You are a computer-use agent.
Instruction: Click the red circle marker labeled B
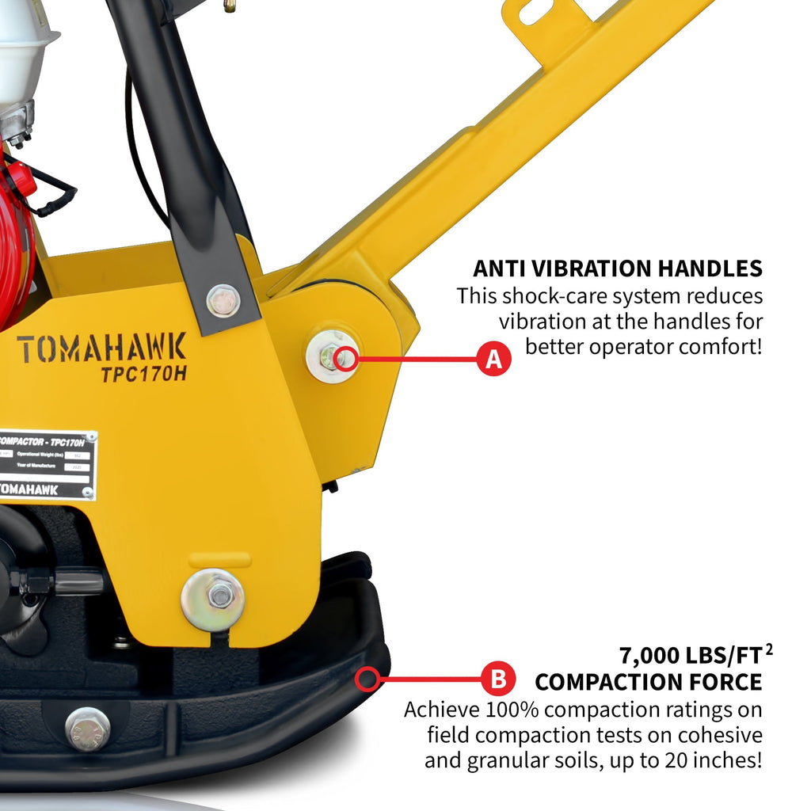click(x=499, y=679)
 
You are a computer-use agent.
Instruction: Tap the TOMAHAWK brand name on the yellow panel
click(x=101, y=348)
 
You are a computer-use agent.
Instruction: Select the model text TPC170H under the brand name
click(x=143, y=375)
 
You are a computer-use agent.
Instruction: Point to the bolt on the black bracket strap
click(x=223, y=300)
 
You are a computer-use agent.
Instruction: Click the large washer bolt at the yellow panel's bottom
click(x=213, y=599)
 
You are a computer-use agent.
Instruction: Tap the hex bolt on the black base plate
click(x=87, y=729)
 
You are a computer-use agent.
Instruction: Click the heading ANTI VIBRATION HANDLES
click(x=617, y=268)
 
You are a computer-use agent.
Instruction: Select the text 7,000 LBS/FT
click(x=689, y=657)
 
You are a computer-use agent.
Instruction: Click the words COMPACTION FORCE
click(x=648, y=682)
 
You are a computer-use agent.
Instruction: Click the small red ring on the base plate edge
click(x=366, y=679)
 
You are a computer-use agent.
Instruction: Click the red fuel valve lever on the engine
click(x=22, y=180)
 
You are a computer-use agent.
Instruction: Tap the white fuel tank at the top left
click(x=24, y=40)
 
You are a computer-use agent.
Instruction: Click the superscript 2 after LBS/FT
click(x=769, y=649)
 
